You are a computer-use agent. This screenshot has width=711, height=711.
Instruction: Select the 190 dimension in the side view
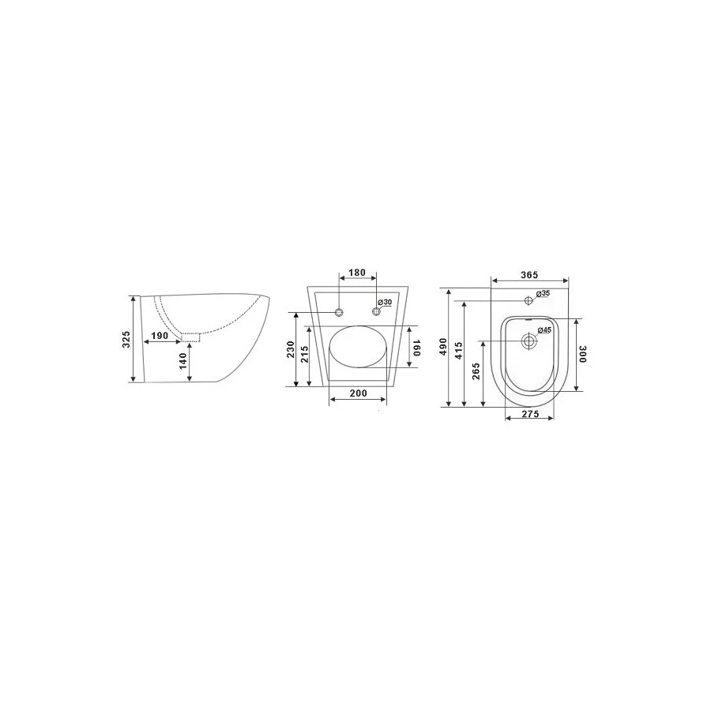(158, 336)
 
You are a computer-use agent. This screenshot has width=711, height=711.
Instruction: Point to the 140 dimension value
(182, 362)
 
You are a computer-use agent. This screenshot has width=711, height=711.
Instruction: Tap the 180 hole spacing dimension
(357, 273)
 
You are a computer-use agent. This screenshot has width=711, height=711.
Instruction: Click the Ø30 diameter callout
(385, 303)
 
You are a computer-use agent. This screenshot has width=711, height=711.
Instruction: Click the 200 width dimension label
(357, 393)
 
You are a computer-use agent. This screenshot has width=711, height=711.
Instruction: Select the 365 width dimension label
(529, 274)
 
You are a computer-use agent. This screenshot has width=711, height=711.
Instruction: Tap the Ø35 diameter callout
(543, 294)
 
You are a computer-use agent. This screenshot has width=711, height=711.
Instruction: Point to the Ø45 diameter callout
(544, 330)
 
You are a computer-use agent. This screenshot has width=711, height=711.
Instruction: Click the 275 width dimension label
(529, 415)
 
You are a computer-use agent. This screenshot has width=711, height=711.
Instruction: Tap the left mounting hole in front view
(339, 312)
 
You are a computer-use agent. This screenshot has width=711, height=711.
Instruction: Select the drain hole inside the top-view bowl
(529, 341)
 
